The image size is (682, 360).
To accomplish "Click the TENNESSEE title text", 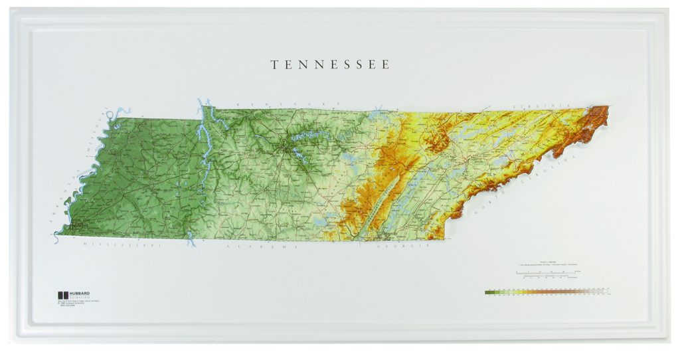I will (330, 65).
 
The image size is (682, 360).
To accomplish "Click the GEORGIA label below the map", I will (402, 246).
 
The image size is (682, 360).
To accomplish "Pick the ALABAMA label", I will (260, 246).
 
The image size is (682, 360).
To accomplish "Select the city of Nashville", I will (290, 150).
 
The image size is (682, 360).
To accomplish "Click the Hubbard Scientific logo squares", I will (62, 295).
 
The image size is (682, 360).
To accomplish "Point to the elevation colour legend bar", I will (548, 292).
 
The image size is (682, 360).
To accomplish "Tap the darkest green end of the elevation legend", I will (489, 292).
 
